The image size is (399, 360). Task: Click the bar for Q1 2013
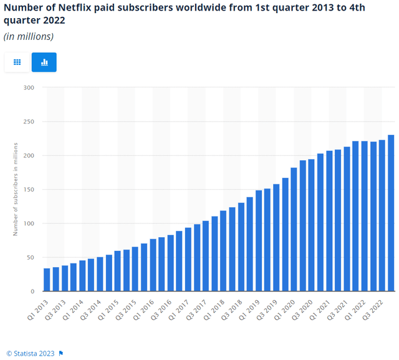pyautogui.click(x=47, y=280)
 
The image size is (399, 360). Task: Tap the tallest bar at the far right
pyautogui.click(x=391, y=213)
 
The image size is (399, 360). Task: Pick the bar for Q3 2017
pyautogui.click(x=206, y=256)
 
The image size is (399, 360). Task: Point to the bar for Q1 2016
pyautogui.click(x=153, y=265)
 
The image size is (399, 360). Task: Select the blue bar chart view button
pyautogui.click(x=44, y=62)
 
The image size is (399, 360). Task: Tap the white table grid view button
pyautogui.click(x=17, y=62)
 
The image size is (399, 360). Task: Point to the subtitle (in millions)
pyautogui.click(x=29, y=36)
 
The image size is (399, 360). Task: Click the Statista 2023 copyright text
pyautogui.click(x=31, y=354)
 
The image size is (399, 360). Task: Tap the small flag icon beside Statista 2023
pyautogui.click(x=61, y=354)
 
